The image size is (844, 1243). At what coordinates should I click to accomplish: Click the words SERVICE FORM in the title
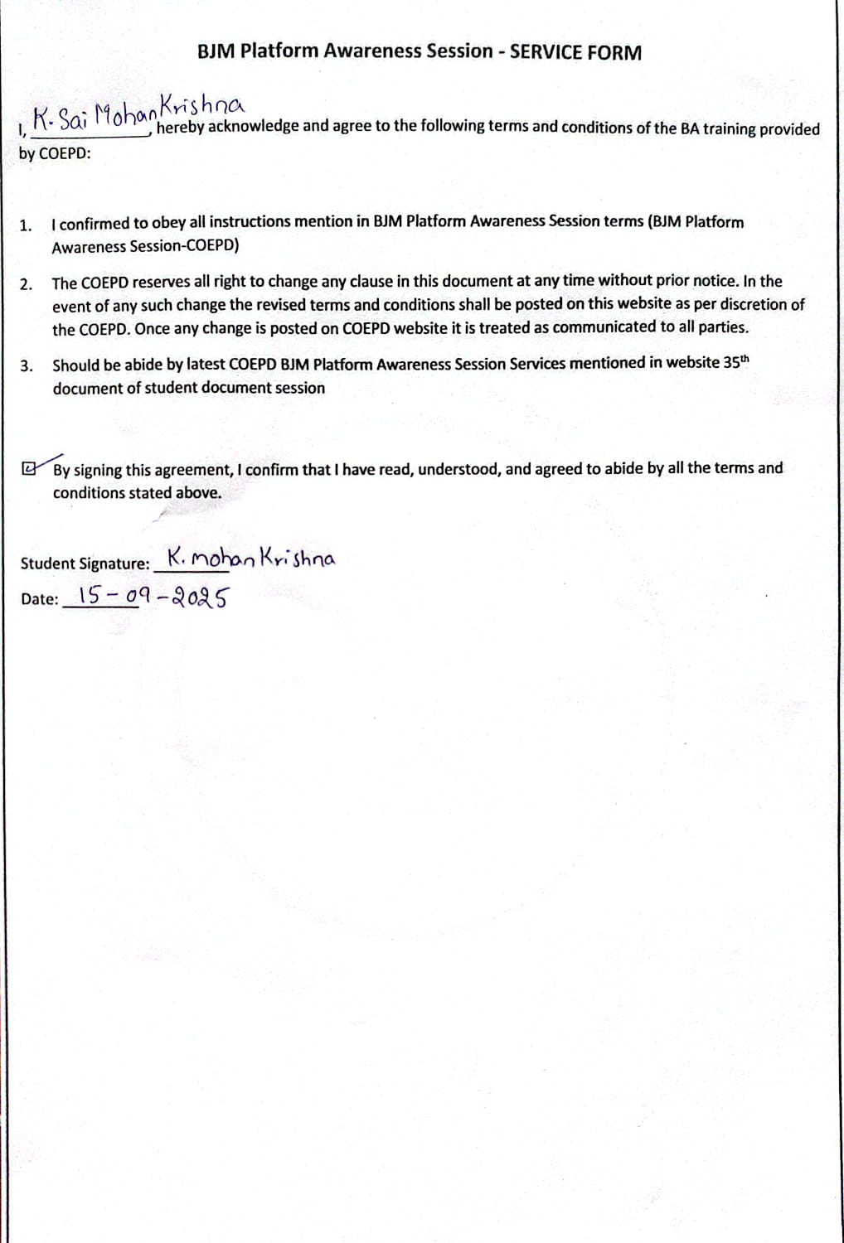[575, 52]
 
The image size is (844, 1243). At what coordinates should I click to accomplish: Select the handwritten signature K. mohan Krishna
[251, 559]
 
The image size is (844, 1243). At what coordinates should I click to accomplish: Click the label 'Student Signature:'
[85, 563]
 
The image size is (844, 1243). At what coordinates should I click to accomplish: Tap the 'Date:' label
[40, 599]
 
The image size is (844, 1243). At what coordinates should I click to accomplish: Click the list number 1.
[26, 225]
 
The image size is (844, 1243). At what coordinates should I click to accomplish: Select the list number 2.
[26, 284]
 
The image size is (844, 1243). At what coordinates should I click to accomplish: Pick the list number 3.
[27, 366]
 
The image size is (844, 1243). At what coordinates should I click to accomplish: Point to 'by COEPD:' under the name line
[55, 154]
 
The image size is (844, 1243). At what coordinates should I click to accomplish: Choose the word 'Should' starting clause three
[75, 365]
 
